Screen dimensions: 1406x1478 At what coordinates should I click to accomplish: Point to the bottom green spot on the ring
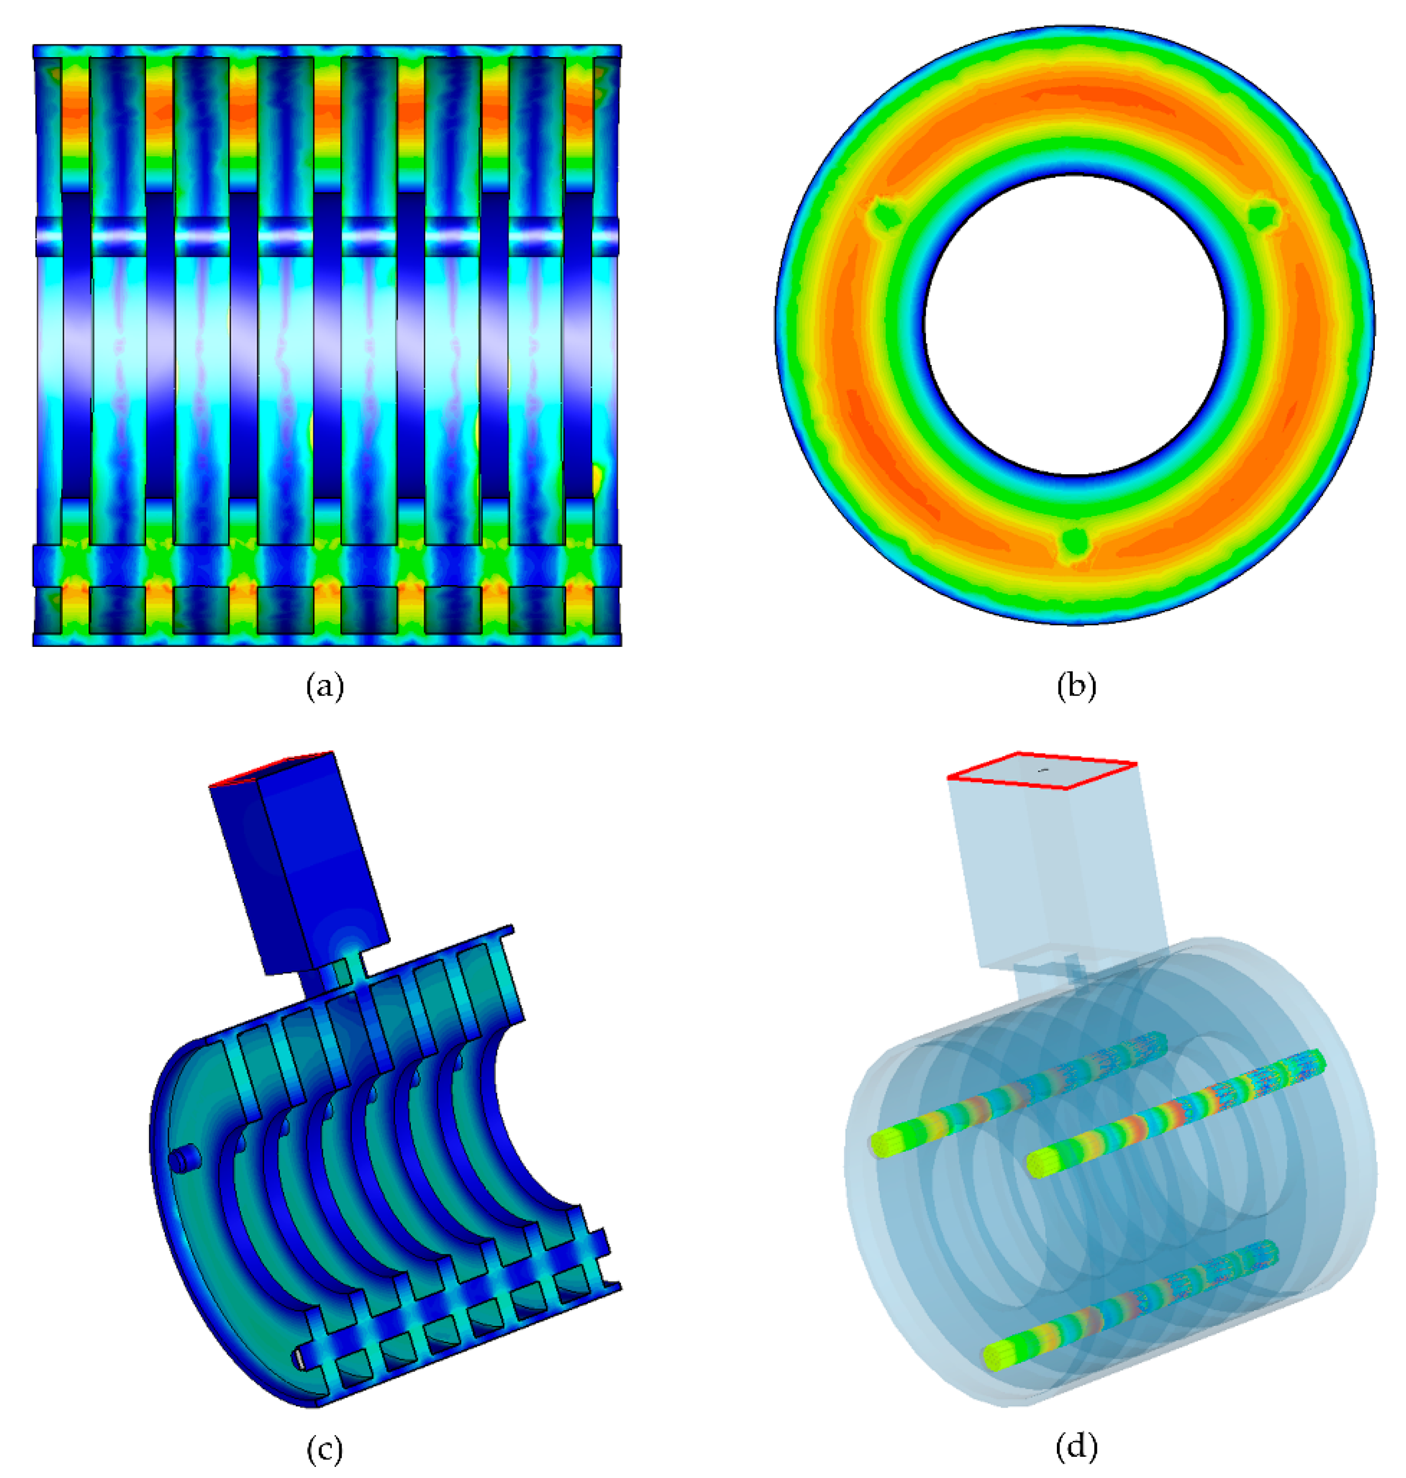pyautogui.click(x=1075, y=541)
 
